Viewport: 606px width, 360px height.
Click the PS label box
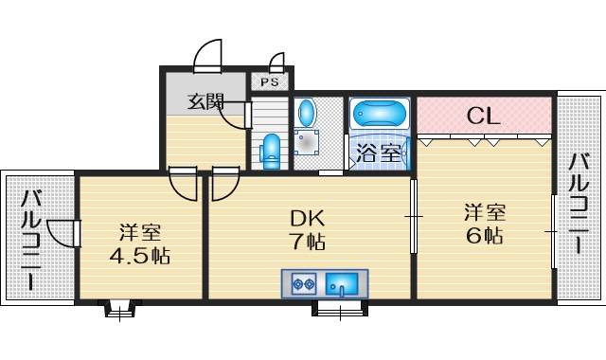point(270,82)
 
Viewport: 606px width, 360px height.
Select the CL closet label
point(483,117)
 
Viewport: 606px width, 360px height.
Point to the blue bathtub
point(380,115)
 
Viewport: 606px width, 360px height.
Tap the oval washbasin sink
point(308,115)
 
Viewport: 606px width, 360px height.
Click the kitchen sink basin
point(342,283)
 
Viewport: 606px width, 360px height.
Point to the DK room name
point(308,218)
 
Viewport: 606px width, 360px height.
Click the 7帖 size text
point(308,242)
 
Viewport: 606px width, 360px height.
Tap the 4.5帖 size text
point(138,256)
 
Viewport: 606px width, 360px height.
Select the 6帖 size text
point(484,235)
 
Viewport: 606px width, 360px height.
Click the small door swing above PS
point(276,63)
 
